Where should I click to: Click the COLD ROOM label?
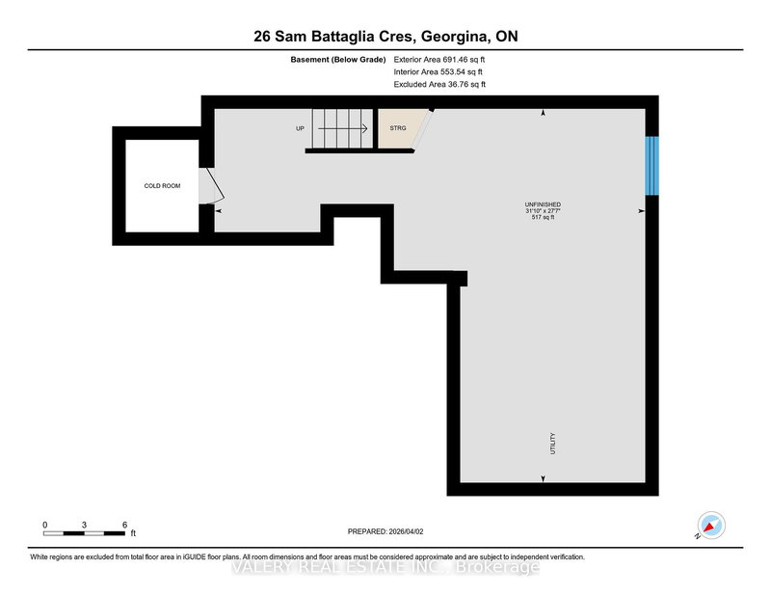(162, 185)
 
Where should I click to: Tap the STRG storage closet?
(397, 128)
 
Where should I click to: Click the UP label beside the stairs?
(301, 127)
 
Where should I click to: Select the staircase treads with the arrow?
(341, 128)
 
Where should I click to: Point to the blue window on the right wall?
(651, 165)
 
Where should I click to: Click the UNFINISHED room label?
(544, 204)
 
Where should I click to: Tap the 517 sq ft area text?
(544, 218)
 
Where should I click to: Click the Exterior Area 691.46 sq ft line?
(439, 59)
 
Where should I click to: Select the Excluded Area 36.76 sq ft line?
(439, 85)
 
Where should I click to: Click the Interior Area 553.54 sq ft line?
(439, 71)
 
